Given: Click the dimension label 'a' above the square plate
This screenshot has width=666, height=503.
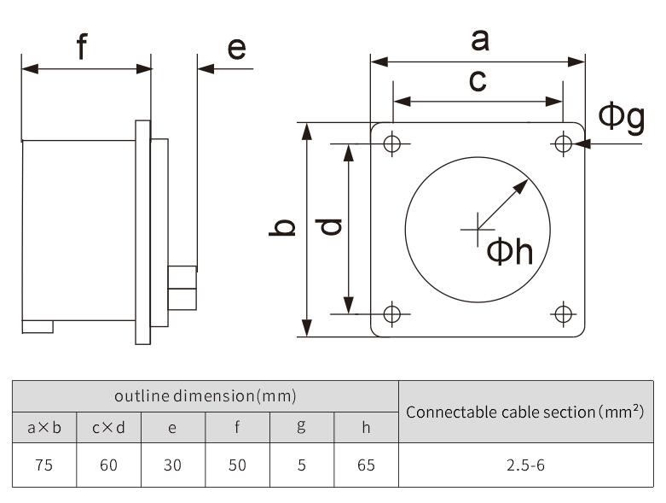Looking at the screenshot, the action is tap(480, 41).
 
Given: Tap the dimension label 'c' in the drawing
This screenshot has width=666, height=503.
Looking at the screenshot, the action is tap(478, 80).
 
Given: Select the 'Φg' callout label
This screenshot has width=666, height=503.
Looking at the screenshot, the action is tap(622, 117).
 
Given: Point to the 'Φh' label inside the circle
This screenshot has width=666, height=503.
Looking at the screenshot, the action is tap(510, 252).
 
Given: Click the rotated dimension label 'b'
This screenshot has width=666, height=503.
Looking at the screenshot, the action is tap(282, 227).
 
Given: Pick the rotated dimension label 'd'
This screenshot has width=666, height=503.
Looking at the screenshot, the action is tap(329, 226).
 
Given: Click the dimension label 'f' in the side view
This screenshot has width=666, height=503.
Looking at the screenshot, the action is tap(82, 46).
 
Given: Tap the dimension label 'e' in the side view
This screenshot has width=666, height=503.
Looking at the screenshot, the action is tap(236, 48).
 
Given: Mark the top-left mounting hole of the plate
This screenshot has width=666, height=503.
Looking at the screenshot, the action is tap(392, 143).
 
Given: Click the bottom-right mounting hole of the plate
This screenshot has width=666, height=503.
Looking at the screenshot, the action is tap(563, 314).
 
